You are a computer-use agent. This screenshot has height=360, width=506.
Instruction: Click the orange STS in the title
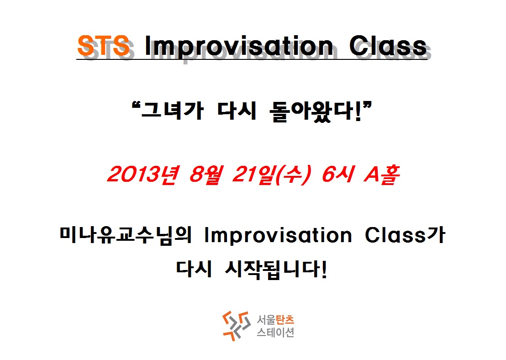click(x=104, y=45)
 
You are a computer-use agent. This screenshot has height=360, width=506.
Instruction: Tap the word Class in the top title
click(x=388, y=46)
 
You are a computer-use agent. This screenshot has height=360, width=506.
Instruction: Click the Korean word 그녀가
click(x=172, y=111)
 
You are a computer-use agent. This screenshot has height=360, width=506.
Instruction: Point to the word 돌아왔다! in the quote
click(x=321, y=111)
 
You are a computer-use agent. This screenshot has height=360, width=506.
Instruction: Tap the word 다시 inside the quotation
click(x=237, y=111)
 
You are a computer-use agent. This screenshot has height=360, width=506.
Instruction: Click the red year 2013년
click(x=142, y=175)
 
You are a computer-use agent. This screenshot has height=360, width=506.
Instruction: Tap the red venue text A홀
click(x=382, y=175)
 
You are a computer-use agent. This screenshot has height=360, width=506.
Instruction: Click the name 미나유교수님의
click(x=126, y=235)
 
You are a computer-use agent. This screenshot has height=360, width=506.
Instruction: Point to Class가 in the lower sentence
click(x=406, y=235)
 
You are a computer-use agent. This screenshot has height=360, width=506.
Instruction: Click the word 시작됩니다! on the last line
click(x=276, y=270)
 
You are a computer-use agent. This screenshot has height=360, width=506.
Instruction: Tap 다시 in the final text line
click(x=194, y=269)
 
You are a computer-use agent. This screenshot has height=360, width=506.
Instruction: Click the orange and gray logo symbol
click(x=237, y=326)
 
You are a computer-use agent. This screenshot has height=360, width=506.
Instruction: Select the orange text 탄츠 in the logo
click(x=285, y=320)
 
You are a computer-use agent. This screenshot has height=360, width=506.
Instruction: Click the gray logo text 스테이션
click(x=275, y=332)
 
